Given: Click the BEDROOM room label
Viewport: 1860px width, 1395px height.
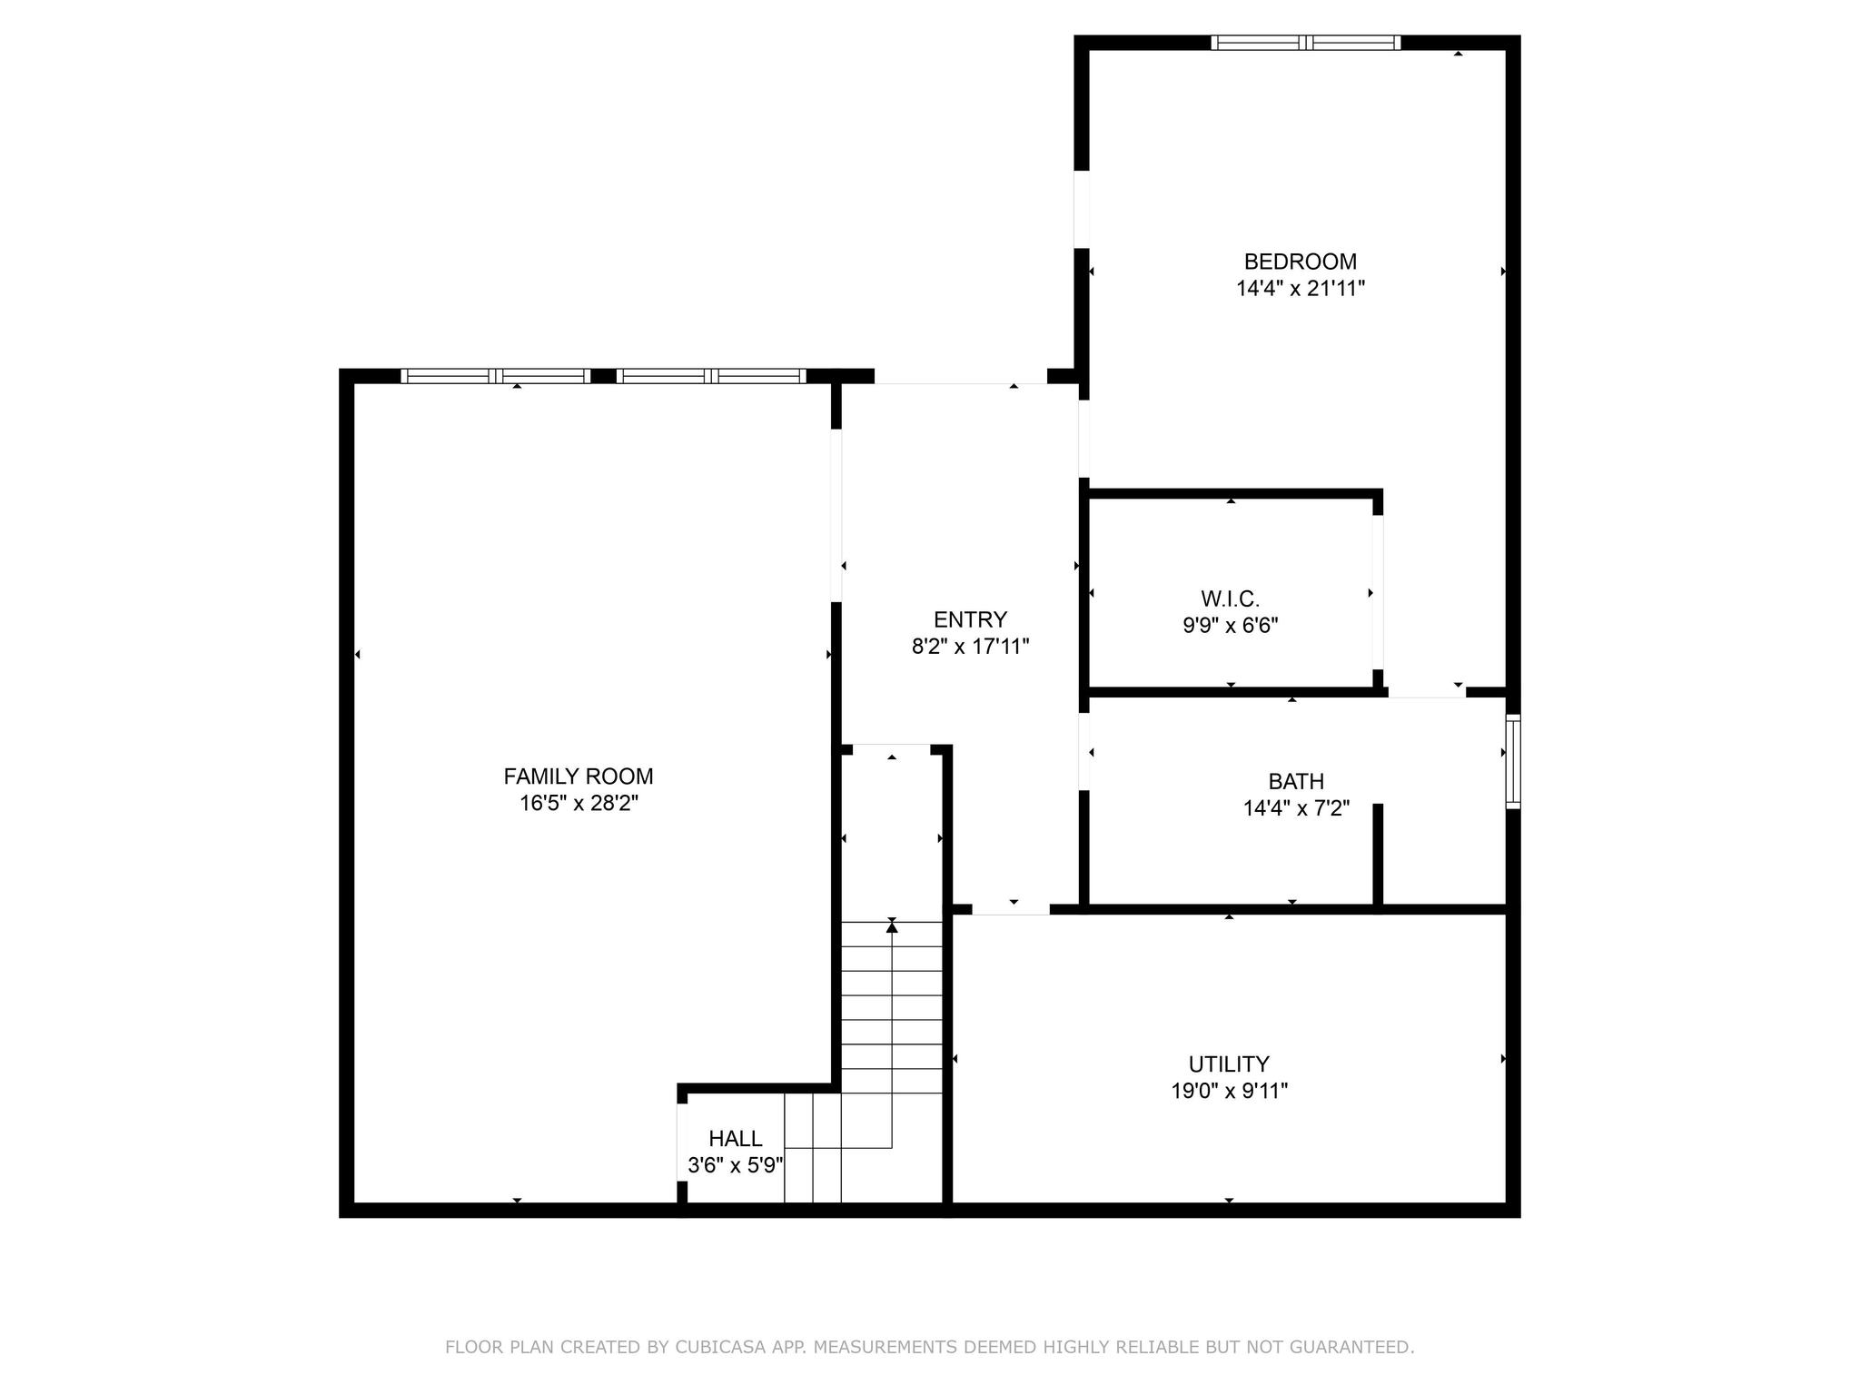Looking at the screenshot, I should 1300,262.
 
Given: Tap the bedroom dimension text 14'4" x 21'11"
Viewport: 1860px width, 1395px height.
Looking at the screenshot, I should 1300,289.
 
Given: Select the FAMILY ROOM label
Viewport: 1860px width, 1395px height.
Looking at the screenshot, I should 579,777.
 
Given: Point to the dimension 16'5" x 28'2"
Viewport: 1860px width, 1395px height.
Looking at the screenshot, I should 579,804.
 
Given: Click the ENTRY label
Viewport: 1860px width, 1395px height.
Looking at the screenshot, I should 970,619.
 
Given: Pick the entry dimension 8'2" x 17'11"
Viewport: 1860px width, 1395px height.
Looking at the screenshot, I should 970,647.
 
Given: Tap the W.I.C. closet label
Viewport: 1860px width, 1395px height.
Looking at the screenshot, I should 1230,599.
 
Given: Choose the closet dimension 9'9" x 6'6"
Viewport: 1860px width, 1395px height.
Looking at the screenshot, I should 1230,626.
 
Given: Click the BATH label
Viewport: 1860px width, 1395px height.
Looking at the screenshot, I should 1296,781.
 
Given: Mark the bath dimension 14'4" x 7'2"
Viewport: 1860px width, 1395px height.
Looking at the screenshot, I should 1296,808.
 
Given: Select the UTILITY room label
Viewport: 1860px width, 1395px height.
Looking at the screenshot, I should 1229,1064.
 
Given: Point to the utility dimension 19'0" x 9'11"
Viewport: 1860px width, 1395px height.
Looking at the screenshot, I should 1229,1091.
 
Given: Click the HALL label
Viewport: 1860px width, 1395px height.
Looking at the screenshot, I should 736,1138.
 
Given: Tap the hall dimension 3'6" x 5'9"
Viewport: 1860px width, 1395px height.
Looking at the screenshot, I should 736,1165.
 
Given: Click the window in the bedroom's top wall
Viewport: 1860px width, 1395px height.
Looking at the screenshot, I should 1305,43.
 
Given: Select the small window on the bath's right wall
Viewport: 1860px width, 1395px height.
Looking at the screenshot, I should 1512,761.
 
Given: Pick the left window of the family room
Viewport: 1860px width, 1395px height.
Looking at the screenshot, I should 496,376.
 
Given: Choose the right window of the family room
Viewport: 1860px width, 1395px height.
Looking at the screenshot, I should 711,376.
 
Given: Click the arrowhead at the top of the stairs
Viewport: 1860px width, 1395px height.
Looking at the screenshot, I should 892,925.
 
